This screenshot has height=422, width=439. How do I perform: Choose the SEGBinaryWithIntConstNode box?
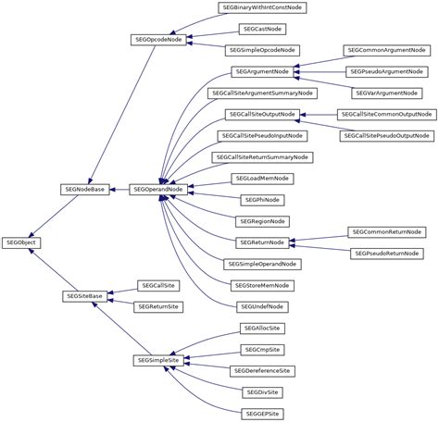click(x=263, y=7)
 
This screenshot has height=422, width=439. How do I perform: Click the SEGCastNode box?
click(x=263, y=29)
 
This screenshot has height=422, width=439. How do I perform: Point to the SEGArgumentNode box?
click(x=263, y=71)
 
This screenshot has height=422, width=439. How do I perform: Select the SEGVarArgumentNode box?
click(x=386, y=93)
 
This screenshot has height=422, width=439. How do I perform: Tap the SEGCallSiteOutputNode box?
click(x=263, y=114)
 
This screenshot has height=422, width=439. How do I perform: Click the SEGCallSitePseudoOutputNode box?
click(x=386, y=135)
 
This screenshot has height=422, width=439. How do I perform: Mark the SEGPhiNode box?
click(x=263, y=199)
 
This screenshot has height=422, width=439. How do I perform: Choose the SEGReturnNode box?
click(x=263, y=242)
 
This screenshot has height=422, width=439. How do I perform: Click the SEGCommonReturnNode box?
click(x=386, y=231)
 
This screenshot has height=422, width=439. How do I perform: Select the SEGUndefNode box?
click(x=263, y=305)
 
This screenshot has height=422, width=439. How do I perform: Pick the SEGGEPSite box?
click(x=263, y=413)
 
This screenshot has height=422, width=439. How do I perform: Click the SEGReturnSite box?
click(x=158, y=305)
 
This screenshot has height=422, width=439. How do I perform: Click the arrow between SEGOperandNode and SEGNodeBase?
click(x=121, y=188)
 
